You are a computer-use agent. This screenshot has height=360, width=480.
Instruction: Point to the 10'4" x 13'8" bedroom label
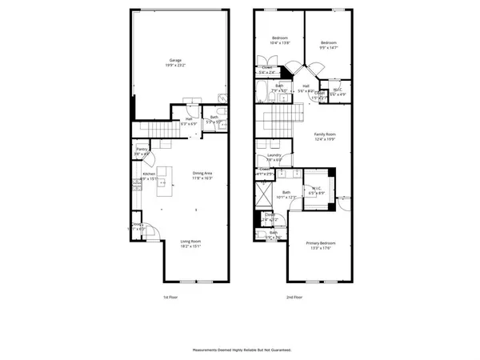[279, 40]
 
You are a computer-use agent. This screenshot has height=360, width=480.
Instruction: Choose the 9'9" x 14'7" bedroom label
[329, 45]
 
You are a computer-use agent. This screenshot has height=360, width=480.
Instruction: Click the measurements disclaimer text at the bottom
[240, 350]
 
